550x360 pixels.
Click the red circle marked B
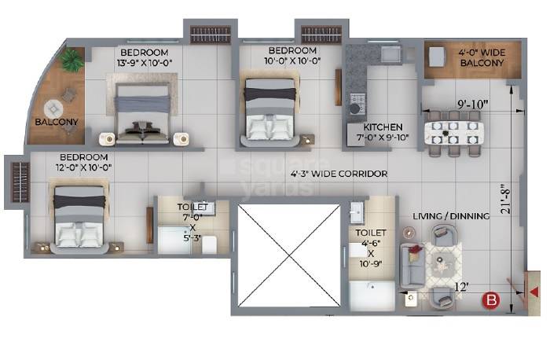pyautogui.click(x=493, y=299)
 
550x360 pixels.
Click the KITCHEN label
pyautogui.click(x=383, y=127)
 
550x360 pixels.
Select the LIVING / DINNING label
pyautogui.click(x=452, y=215)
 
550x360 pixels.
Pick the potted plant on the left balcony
pyautogui.click(x=74, y=60)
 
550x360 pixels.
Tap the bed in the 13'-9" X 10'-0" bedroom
pyautogui.click(x=142, y=114)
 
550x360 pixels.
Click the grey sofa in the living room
pyautogui.click(x=411, y=264)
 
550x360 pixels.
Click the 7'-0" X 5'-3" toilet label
pyautogui.click(x=192, y=222)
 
